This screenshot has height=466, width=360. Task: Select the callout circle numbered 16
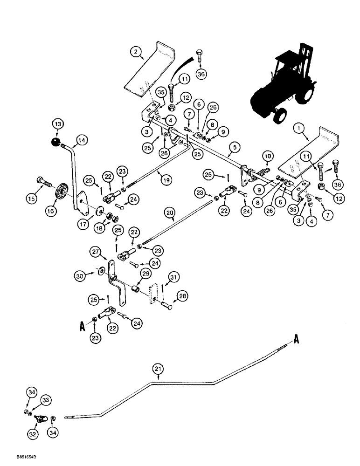pos(50,211)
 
